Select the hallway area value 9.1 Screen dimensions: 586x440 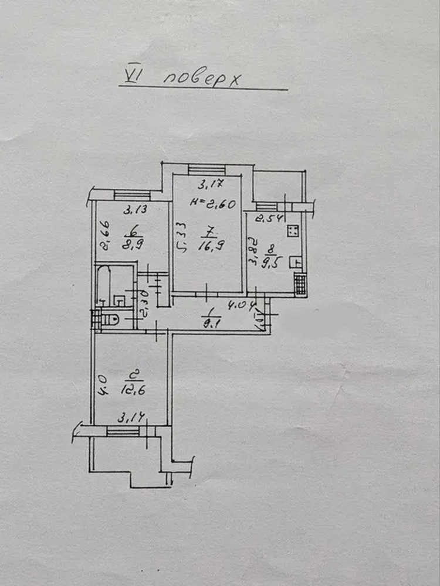click(x=208, y=320)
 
